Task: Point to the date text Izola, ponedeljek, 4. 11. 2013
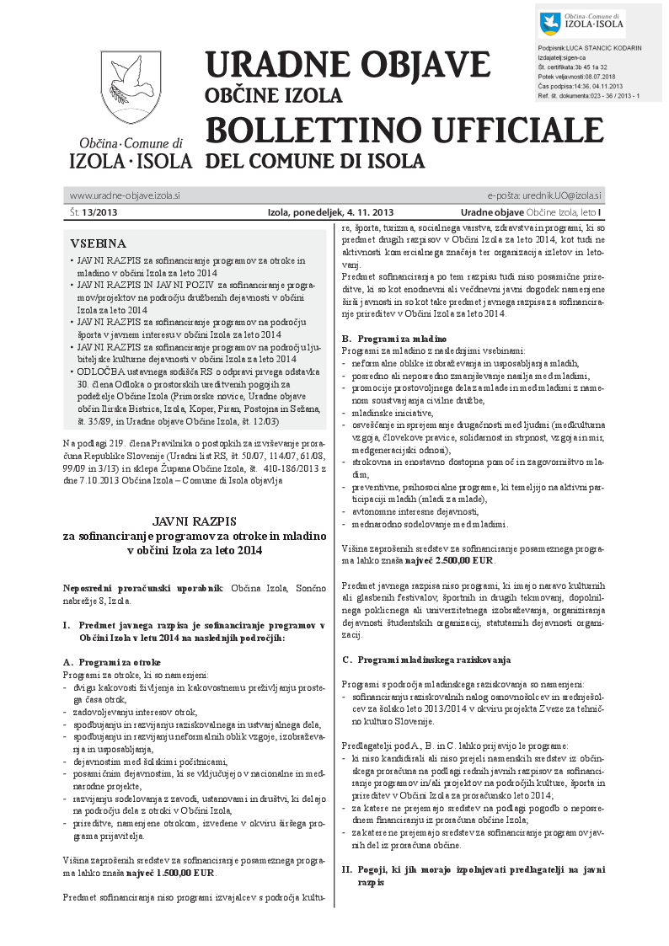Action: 330,212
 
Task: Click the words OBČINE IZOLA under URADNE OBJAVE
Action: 273,95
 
